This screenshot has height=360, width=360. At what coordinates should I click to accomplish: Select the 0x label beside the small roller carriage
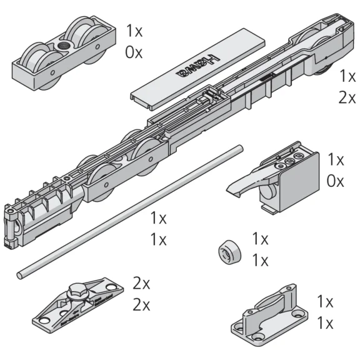click(134, 52)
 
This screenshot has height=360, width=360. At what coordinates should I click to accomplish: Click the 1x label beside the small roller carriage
click(134, 30)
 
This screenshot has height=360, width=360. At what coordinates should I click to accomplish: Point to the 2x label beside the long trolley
click(347, 98)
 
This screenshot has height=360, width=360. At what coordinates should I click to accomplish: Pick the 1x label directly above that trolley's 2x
click(347, 76)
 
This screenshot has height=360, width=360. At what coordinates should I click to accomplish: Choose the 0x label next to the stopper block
click(336, 181)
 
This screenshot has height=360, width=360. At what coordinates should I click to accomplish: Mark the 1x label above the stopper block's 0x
click(336, 159)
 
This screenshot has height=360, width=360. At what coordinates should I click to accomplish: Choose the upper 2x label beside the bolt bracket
click(142, 283)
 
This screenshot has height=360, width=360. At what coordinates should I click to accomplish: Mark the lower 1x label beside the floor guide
click(325, 324)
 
